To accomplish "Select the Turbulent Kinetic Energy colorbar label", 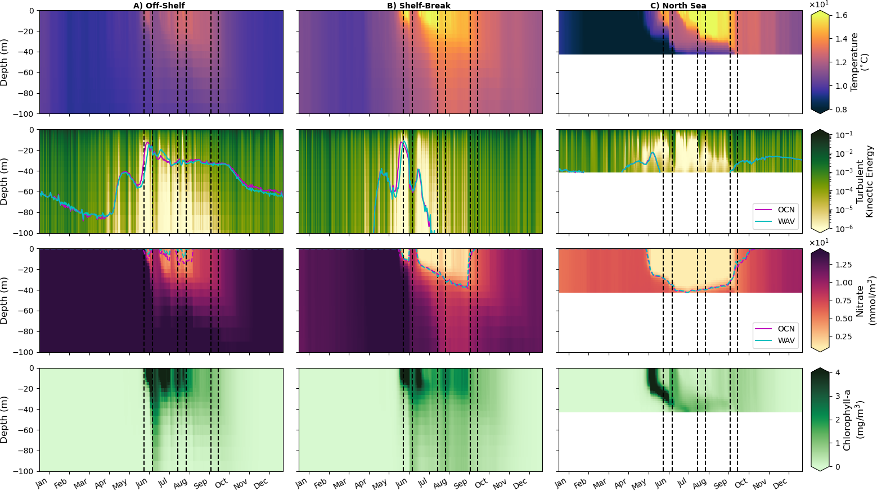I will [x=864, y=181].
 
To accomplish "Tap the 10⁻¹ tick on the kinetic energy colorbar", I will [x=844, y=135].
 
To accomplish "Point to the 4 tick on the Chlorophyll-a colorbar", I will [x=838, y=372].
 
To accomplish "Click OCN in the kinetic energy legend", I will [x=786, y=210].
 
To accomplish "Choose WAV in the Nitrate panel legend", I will [x=786, y=340].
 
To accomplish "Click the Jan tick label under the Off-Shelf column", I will [x=42, y=483].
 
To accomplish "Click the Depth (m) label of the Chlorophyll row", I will [x=5, y=419].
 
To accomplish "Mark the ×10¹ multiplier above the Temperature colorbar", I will [x=817, y=5].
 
